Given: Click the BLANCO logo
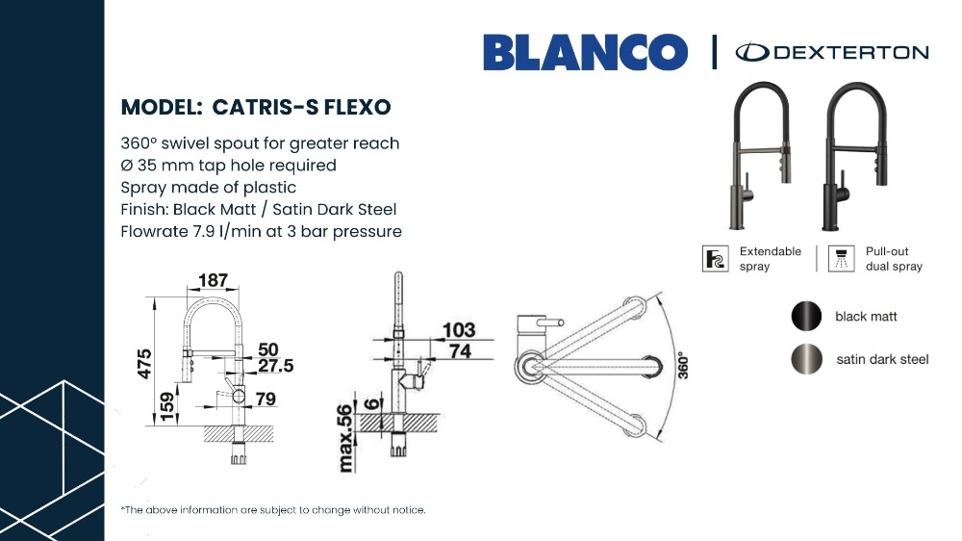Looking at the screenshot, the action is [585, 52].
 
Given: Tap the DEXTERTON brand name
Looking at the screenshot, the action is [851, 52].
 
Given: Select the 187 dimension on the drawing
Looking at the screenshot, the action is [213, 280].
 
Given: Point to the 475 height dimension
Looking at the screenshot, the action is [144, 364].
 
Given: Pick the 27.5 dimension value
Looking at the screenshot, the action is [275, 366].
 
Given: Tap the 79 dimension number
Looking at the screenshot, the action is [266, 399].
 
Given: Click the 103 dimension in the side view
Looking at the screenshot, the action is [459, 330].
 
